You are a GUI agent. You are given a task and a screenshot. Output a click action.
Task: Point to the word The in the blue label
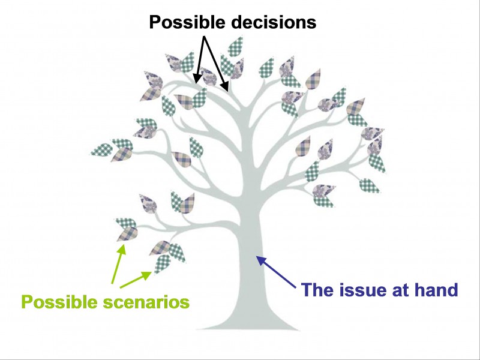317,290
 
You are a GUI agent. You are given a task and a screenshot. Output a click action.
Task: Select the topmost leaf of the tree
235,46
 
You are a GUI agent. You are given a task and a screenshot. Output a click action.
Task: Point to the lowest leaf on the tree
161,263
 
